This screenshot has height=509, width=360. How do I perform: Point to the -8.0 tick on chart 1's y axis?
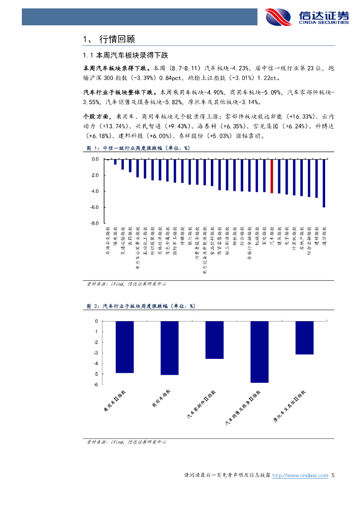tap(94, 223)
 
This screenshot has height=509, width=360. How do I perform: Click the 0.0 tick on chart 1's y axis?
tap(94, 160)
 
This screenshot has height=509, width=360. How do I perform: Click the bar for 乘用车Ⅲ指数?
tap(125, 347)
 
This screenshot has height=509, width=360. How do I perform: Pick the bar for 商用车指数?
tap(170, 348)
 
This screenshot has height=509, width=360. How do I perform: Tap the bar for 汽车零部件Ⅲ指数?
tap(214, 340)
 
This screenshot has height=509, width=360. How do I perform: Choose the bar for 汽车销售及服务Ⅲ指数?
tap(259, 352)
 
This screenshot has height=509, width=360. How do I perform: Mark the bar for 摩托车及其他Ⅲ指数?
tap(304, 338)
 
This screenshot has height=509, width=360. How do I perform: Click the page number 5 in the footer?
tap(334, 476)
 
